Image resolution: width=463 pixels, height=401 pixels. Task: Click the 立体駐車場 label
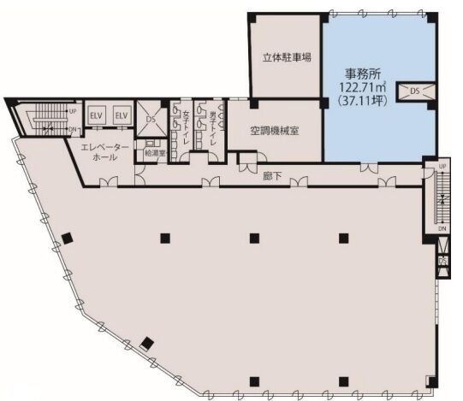286,58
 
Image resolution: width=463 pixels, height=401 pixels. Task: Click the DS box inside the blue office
415,91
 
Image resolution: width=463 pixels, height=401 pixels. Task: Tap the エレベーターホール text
105,153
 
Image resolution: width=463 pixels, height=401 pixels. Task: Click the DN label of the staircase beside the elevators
73,129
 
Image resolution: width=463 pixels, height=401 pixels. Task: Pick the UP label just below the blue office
442,165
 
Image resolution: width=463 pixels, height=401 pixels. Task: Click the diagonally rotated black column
149,344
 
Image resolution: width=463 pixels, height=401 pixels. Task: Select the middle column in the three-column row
253,238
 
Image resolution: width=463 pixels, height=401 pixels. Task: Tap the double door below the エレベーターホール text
108,181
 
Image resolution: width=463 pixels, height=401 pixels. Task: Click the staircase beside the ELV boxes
45,119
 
